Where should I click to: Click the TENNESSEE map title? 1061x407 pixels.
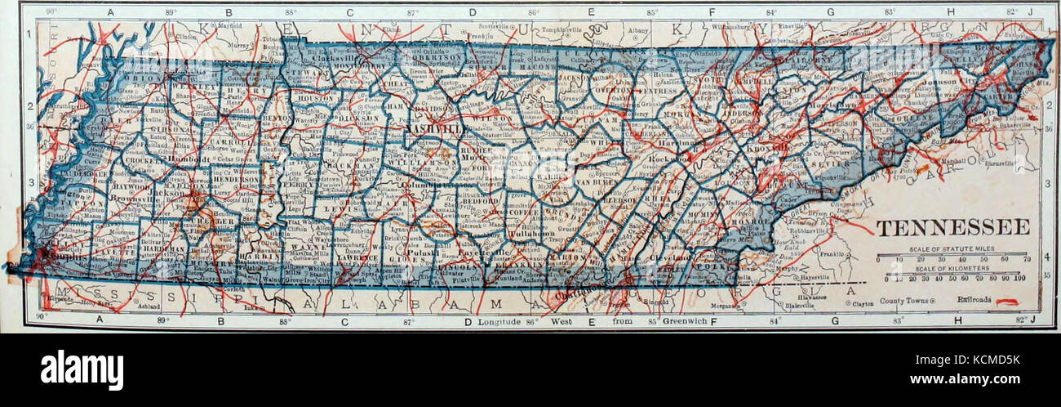click(952, 226)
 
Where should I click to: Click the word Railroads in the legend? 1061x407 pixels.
click(974, 300)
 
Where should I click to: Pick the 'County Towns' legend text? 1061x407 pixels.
click(908, 301)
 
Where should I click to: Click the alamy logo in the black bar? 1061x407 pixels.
click(82, 369)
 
